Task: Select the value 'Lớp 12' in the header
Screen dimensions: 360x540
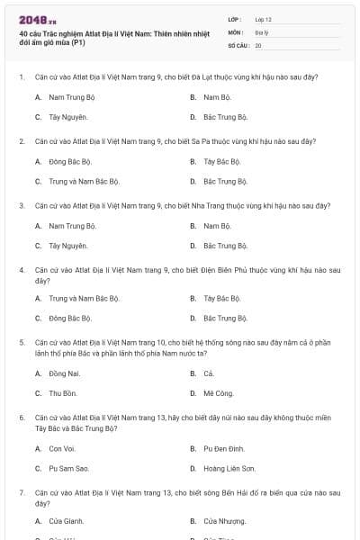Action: click(263, 19)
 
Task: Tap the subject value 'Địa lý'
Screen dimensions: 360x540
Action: click(261, 31)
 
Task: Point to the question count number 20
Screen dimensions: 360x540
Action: click(258, 44)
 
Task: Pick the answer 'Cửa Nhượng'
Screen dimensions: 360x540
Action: click(224, 521)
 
